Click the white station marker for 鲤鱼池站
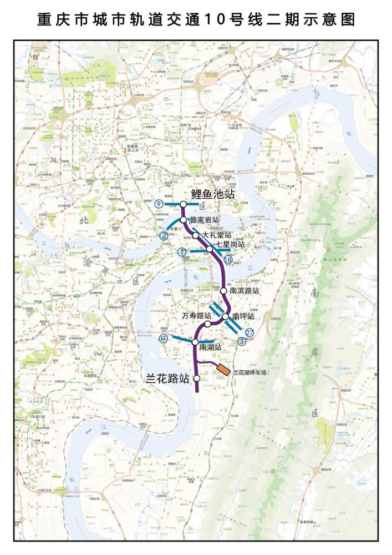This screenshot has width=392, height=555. (x=183, y=204)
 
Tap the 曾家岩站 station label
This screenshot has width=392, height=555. (x=205, y=220)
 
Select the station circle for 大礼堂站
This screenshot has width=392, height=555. (x=196, y=235)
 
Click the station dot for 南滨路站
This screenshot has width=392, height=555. (x=223, y=290)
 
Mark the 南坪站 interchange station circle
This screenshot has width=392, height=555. (x=226, y=316)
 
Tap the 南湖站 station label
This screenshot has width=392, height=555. (x=210, y=347)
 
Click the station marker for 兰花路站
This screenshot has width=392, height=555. (x=197, y=378)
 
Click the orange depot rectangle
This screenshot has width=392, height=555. (x=223, y=369)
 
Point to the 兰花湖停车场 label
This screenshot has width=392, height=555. (x=250, y=373)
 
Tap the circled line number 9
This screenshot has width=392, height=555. (x=159, y=204)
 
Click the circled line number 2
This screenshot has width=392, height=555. (x=164, y=235)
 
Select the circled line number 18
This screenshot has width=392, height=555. (x=227, y=260)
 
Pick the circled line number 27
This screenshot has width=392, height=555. (x=250, y=332)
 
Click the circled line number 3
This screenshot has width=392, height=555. (x=242, y=341)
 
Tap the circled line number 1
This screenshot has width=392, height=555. (x=182, y=251)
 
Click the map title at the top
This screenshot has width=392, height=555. (x=196, y=21)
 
